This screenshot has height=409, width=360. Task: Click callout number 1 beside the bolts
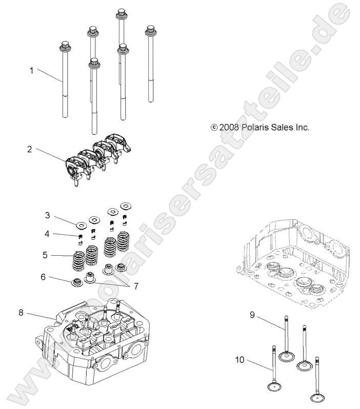(x=31, y=71)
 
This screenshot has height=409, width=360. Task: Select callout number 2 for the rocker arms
(x=30, y=149)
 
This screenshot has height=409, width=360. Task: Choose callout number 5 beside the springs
(x=46, y=254)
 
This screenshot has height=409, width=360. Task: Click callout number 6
(x=44, y=277)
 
